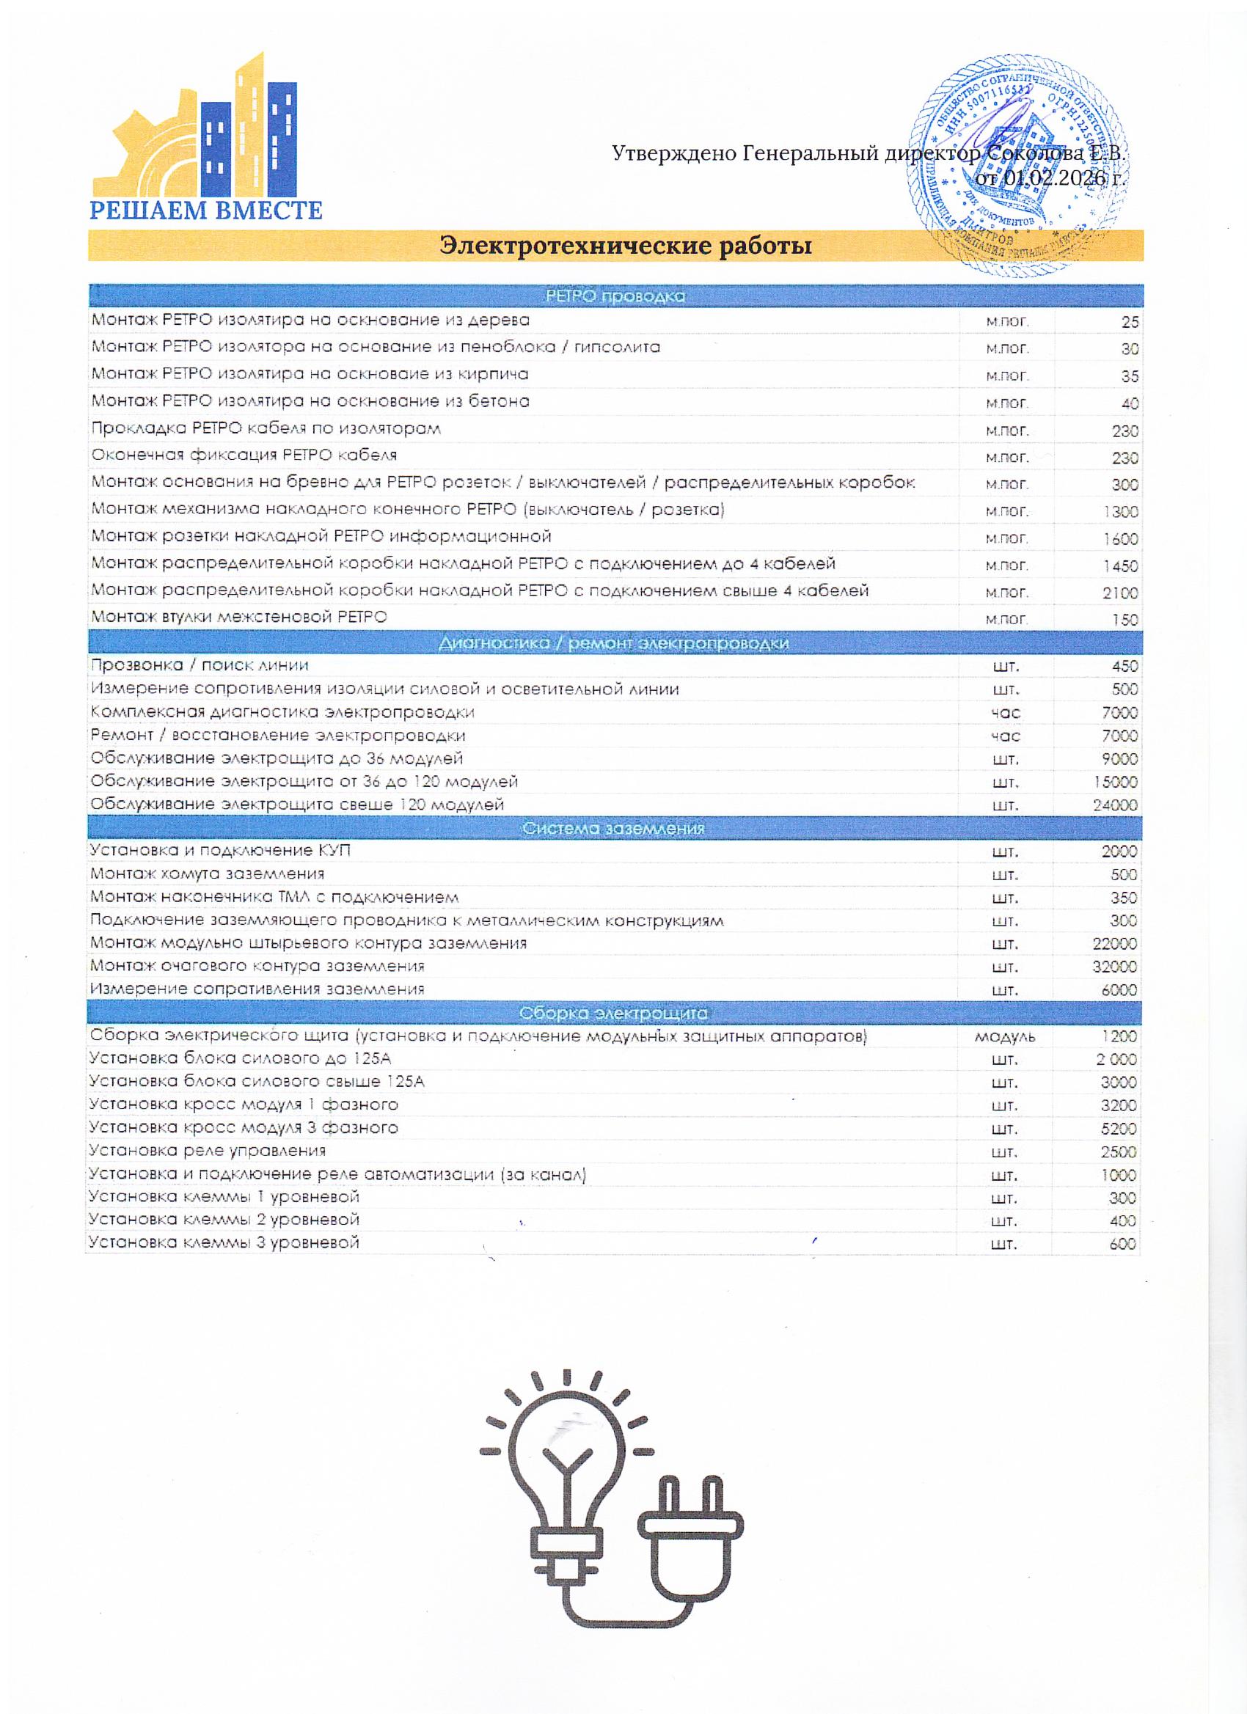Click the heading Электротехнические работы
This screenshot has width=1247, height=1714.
tap(626, 246)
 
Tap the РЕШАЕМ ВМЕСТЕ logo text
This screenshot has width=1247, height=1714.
tap(206, 209)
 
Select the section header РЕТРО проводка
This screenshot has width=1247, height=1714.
tap(615, 296)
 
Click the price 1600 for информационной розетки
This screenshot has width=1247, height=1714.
tap(1120, 539)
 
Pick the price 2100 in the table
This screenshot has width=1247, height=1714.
tap(1120, 593)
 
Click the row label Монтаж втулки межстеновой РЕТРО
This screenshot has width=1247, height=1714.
tap(239, 617)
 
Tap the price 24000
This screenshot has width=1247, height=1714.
tap(1115, 805)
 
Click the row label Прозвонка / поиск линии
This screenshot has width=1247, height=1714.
tap(200, 665)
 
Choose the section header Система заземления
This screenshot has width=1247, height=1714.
tap(614, 828)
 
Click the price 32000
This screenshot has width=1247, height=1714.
tap(1115, 967)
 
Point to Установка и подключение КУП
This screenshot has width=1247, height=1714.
tap(220, 850)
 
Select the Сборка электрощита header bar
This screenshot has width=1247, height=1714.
tap(614, 1013)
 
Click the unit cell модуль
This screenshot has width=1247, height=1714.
tap(1004, 1037)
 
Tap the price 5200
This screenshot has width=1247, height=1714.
tap(1119, 1129)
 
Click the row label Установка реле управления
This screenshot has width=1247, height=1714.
tap(207, 1151)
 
